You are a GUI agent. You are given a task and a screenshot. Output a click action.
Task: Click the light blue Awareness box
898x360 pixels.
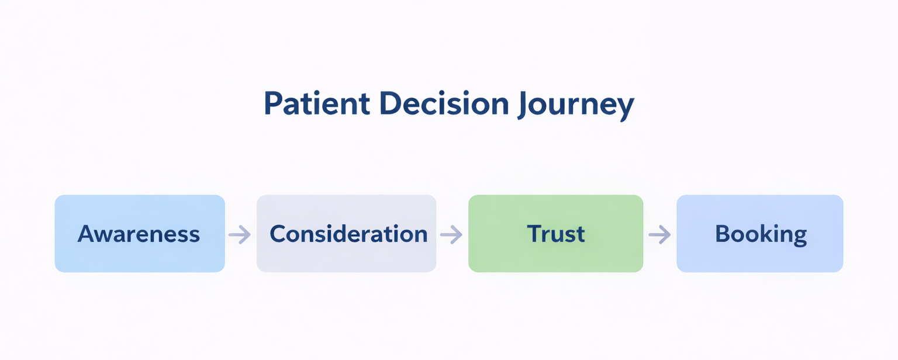(x=139, y=233)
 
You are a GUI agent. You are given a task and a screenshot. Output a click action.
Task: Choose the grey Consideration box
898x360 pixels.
(x=346, y=233)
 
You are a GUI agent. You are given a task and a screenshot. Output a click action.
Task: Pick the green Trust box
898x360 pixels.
(x=555, y=233)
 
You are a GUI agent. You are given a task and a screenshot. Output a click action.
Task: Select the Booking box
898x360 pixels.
(x=759, y=233)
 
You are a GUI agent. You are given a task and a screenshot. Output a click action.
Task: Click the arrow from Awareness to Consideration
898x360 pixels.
(x=240, y=235)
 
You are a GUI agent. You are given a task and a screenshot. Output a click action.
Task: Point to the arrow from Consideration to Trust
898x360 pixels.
(x=451, y=235)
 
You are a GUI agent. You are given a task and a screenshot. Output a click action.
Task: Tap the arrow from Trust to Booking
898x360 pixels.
(x=659, y=235)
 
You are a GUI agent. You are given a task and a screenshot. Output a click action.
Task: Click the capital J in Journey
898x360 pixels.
(x=522, y=105)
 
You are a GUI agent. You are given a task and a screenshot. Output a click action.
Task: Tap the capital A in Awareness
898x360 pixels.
(x=86, y=234)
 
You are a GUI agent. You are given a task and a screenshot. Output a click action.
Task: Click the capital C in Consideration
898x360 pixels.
(x=278, y=234)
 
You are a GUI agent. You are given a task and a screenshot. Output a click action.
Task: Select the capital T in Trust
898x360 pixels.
(x=534, y=234)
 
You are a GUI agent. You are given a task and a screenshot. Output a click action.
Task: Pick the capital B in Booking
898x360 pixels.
(x=723, y=234)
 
